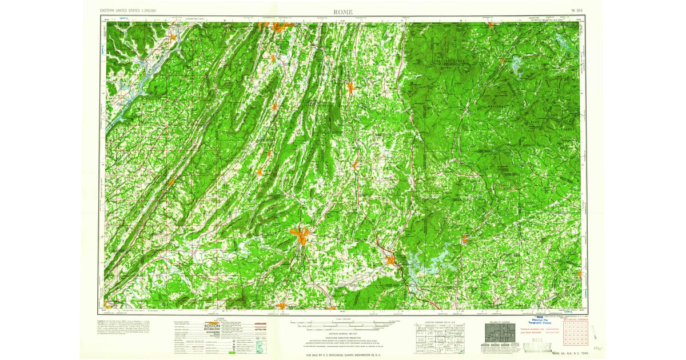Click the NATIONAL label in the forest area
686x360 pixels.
click(x=496, y=107)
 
